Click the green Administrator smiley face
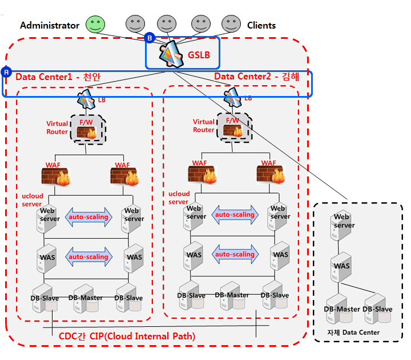click(x=96, y=24)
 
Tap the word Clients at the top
click(x=261, y=25)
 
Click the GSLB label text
click(x=199, y=55)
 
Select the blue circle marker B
click(x=150, y=38)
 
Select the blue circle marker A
click(x=6, y=72)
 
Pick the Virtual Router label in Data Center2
click(x=204, y=126)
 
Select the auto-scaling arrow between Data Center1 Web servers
click(x=88, y=217)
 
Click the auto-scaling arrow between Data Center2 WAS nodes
click(x=235, y=254)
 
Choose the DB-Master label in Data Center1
click(x=86, y=298)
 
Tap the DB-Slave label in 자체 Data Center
click(x=377, y=309)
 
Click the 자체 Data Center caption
click(x=353, y=332)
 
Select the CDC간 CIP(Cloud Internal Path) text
click(x=127, y=337)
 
